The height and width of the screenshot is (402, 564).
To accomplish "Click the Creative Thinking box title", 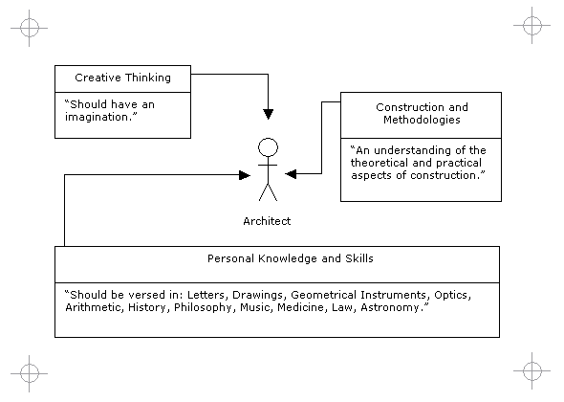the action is point(122,78).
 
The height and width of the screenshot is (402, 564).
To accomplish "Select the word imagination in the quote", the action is point(98,117).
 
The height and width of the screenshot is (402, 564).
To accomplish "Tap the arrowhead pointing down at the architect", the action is point(268,114).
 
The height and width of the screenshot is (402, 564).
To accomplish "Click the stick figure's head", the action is point(268,147).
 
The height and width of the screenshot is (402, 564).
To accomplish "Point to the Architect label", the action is point(267,221).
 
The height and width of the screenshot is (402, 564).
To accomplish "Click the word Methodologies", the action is point(422,120).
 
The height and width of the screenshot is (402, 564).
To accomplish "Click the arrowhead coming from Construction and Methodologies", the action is point(291,174).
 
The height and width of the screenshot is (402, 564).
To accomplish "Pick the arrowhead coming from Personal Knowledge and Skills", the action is point(245,175).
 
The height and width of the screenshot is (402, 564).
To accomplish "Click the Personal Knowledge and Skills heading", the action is point(291,258).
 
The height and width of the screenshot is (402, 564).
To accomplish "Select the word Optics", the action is point(452,295).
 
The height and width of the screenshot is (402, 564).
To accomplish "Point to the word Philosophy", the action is point(204,307).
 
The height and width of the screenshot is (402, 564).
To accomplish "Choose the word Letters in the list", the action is point(207,295).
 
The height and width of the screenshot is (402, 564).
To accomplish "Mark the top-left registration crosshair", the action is point(29,28).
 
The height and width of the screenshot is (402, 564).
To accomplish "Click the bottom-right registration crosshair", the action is point(532,370).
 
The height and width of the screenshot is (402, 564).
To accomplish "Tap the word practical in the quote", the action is point(459,163).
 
